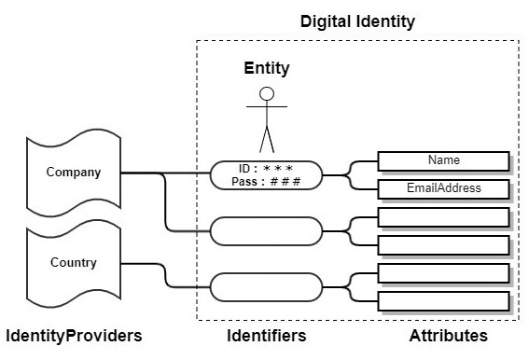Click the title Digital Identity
coord(357,21)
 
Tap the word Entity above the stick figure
coord(267,68)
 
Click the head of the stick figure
coord(268,93)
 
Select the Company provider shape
coord(74,173)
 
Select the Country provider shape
coord(74,262)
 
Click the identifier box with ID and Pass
coord(266,174)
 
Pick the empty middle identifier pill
coord(266,229)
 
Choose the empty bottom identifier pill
coord(266,284)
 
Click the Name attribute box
coord(443,160)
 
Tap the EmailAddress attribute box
coord(443,189)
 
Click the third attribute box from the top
coord(443,217)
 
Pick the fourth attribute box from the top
coord(443,245)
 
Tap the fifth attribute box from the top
coord(443,273)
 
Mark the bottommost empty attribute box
coord(443,301)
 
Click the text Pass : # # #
coord(266,181)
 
